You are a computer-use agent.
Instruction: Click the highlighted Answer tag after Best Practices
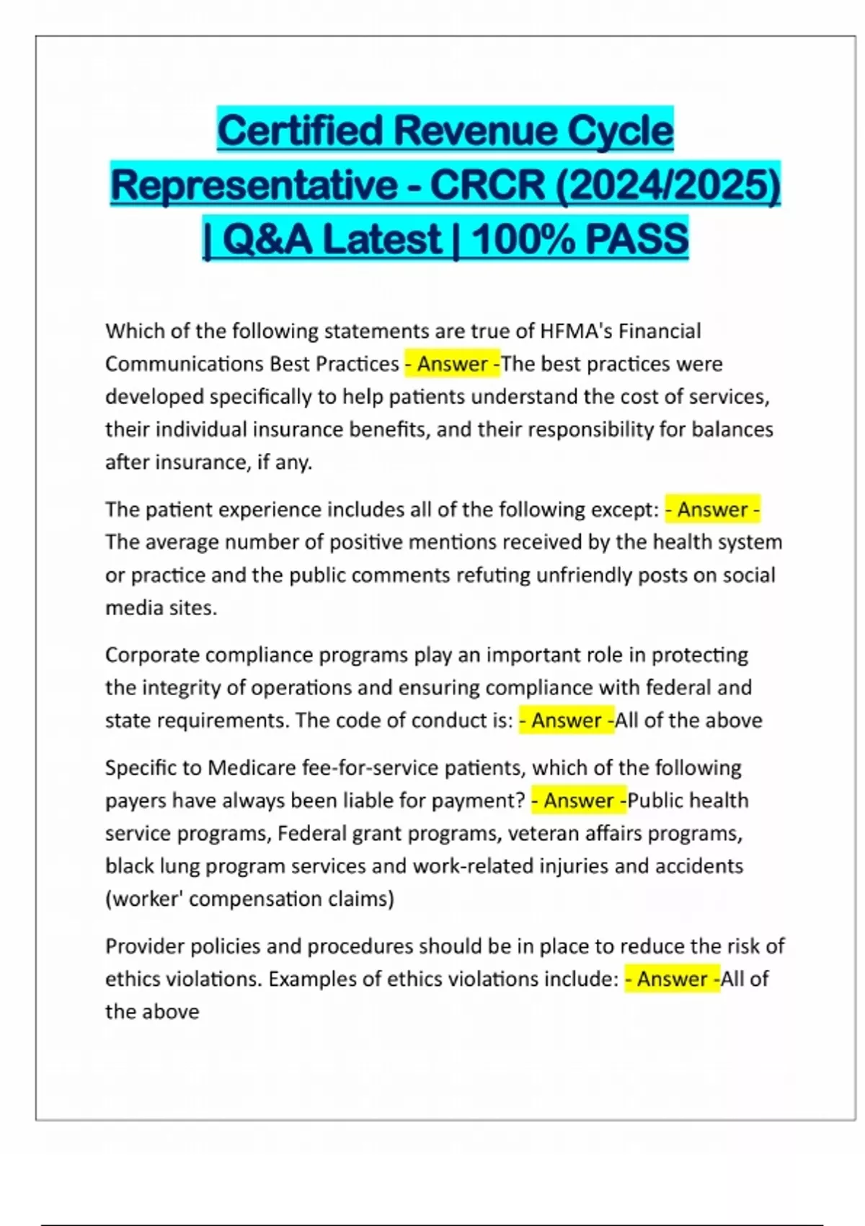point(453,364)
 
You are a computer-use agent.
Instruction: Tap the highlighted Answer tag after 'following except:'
point(712,510)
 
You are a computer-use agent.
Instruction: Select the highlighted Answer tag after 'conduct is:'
point(567,720)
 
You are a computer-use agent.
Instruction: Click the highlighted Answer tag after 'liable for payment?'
point(579,801)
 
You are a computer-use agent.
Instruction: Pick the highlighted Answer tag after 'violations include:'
point(672,979)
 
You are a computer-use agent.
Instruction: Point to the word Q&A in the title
point(268,239)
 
